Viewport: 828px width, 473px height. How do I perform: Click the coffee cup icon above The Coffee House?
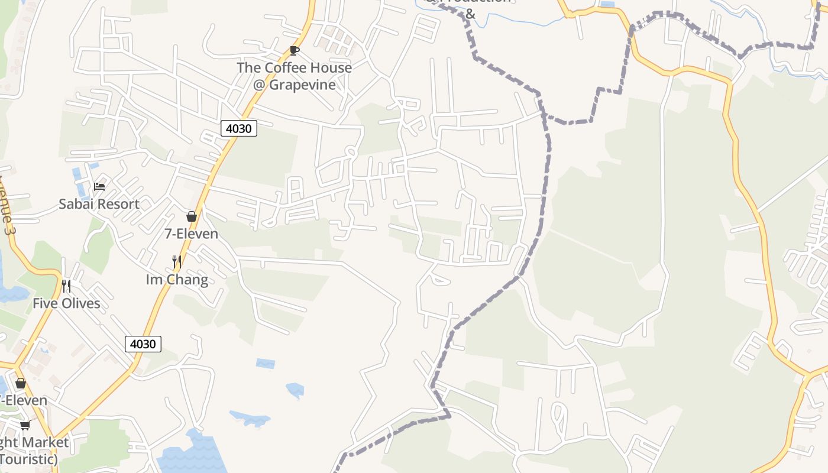[294, 50]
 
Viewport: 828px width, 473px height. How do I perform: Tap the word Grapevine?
[302, 85]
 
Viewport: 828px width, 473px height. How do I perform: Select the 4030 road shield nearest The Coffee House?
[239, 128]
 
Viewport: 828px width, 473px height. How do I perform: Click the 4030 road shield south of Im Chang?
[143, 344]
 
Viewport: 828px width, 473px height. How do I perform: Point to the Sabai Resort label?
[99, 204]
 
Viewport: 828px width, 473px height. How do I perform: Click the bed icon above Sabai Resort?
[99, 187]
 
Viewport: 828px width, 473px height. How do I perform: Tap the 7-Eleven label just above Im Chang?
[191, 234]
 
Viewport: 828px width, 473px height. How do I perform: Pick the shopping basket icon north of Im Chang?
[191, 216]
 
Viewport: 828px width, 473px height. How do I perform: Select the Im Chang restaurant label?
[177, 280]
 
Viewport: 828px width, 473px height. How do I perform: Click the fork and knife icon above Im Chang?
[176, 261]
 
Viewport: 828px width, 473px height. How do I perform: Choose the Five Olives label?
[66, 303]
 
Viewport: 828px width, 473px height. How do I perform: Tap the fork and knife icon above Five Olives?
[66, 286]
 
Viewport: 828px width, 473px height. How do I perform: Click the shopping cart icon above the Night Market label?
[25, 425]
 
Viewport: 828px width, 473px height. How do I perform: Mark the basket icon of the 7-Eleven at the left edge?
[21, 383]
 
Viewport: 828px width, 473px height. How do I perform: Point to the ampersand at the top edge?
[470, 13]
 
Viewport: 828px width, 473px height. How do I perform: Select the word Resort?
[118, 204]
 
